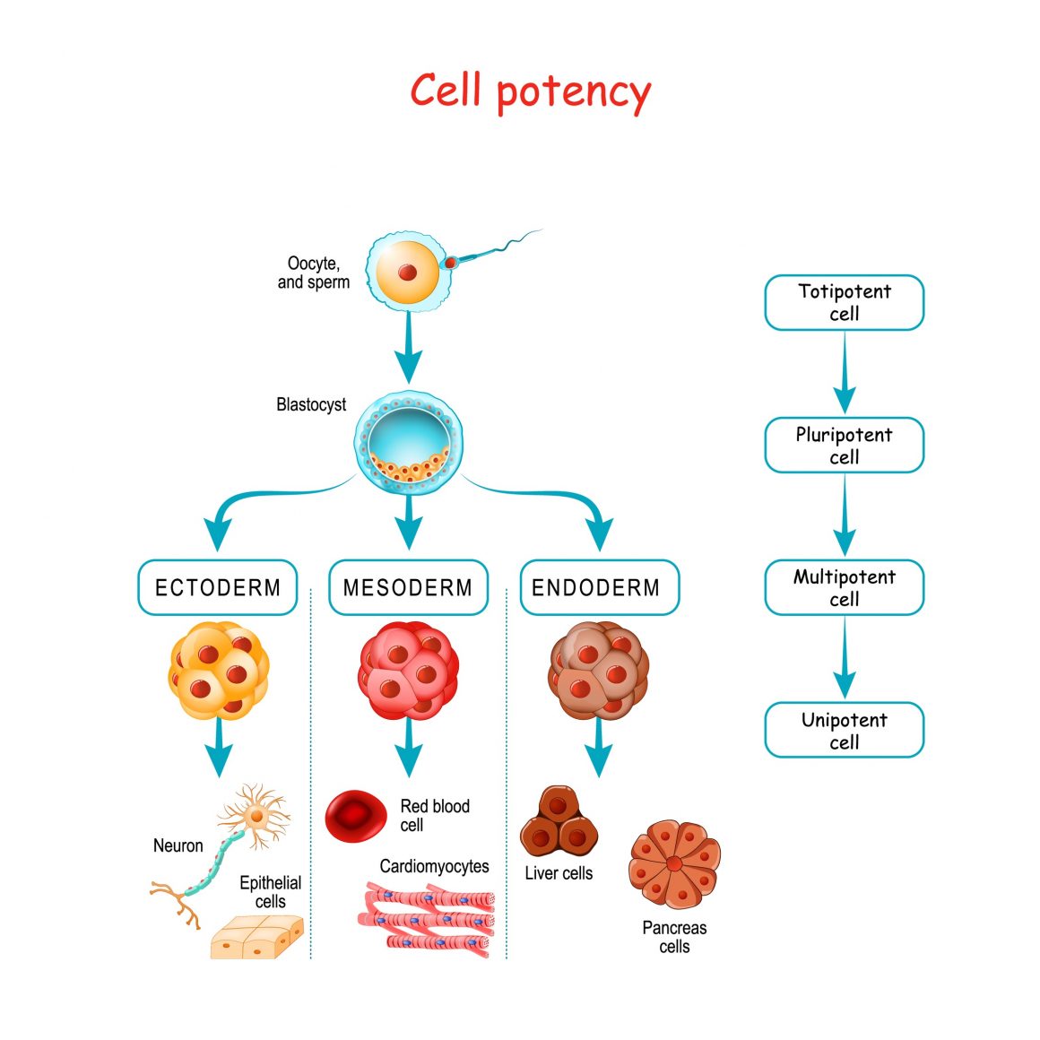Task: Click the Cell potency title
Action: coord(530,91)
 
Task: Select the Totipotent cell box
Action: coord(844,303)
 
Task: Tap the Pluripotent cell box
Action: coord(844,446)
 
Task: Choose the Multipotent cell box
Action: coord(844,588)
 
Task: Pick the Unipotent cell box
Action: coord(844,731)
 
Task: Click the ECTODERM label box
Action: coord(218,588)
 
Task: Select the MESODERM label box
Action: coord(408,588)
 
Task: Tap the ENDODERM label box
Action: coord(599,588)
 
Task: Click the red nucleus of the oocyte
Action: coord(407,272)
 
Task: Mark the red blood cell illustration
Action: coord(355,815)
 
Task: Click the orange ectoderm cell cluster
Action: coord(219,671)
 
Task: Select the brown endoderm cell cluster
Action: coord(598,671)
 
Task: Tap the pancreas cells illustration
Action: coord(674,864)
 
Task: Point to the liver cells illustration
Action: coord(558,823)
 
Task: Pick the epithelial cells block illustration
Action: coord(257,938)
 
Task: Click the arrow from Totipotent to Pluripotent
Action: coord(844,373)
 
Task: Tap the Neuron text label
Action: coord(178,845)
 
